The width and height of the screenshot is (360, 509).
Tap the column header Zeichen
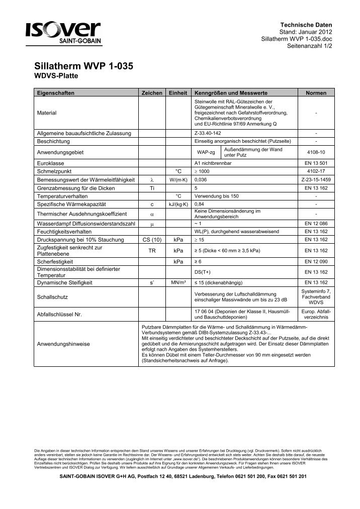tap(152, 93)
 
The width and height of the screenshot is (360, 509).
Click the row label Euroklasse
tap(49, 164)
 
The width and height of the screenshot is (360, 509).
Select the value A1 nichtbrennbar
tap(213, 164)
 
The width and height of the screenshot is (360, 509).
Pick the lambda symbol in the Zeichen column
tap(152, 179)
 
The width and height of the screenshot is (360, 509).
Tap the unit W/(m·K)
tap(178, 179)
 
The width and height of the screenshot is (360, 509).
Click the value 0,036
tap(200, 179)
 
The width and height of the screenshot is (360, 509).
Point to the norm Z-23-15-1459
tap(315, 179)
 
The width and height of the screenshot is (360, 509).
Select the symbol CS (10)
tap(152, 240)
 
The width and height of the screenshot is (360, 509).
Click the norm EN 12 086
tap(315, 224)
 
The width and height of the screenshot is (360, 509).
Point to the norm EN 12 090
tap(315, 262)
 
